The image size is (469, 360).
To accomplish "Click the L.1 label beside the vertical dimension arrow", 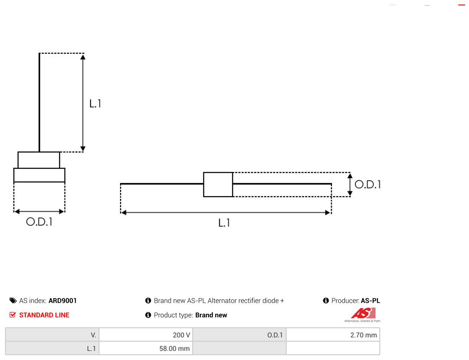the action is [95, 104].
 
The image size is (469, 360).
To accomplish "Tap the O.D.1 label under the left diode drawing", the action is [39, 221].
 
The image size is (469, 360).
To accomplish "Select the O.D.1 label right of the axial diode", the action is [367, 184].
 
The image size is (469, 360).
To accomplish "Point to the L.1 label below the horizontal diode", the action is [224, 223].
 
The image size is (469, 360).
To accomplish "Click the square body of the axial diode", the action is [218, 184].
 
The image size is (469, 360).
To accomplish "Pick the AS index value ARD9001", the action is [63, 301].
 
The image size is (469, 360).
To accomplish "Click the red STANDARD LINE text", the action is [44, 315].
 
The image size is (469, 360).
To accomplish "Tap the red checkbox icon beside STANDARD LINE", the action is [12, 315].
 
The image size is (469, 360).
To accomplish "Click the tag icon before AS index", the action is [13, 301].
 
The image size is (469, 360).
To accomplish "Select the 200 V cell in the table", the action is [146, 335].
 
